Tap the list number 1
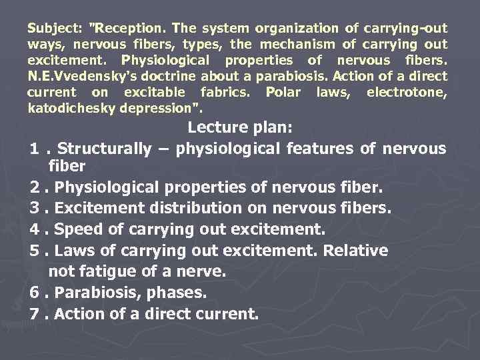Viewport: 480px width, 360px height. (x=34, y=149)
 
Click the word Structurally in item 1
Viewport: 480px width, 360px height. (x=111, y=149)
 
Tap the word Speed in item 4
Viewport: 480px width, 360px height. (x=77, y=229)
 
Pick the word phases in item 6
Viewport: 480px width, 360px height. (x=179, y=293)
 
